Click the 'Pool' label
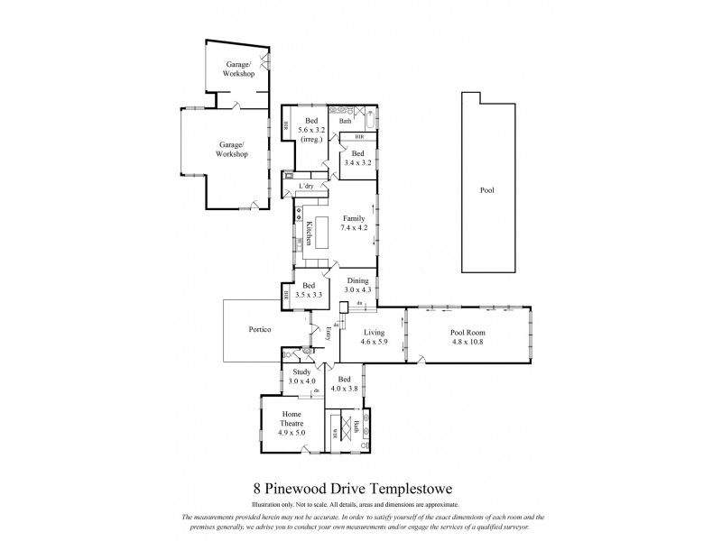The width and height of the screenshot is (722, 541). (x=487, y=190)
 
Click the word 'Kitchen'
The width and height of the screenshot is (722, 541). (x=308, y=234)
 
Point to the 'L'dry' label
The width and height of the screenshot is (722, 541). (x=306, y=187)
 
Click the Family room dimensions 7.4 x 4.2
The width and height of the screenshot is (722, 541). (x=353, y=228)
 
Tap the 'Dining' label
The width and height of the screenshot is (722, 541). (x=358, y=280)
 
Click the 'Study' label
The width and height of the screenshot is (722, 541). (x=302, y=372)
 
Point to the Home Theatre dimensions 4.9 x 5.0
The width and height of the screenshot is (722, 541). (x=291, y=433)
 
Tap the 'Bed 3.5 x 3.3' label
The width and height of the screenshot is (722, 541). (x=313, y=290)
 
